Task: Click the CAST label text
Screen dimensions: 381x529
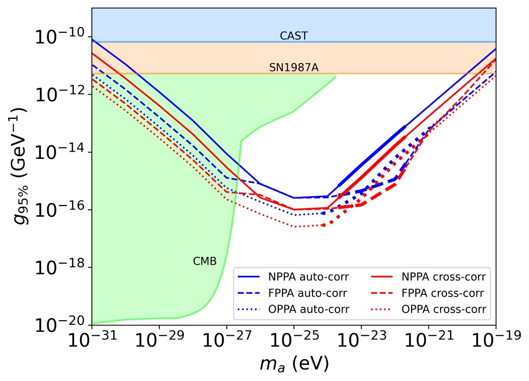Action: click(x=294, y=36)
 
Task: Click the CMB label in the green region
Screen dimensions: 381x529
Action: click(x=205, y=261)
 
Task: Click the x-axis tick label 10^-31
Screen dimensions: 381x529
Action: click(x=92, y=343)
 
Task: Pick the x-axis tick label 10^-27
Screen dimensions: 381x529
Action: click(x=227, y=343)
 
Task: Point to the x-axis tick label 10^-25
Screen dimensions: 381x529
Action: click(x=294, y=343)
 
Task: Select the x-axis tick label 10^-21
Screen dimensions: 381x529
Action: click(x=429, y=343)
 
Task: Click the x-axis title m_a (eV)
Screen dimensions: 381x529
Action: click(x=294, y=364)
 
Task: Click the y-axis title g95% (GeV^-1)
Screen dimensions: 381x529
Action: click(x=21, y=166)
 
